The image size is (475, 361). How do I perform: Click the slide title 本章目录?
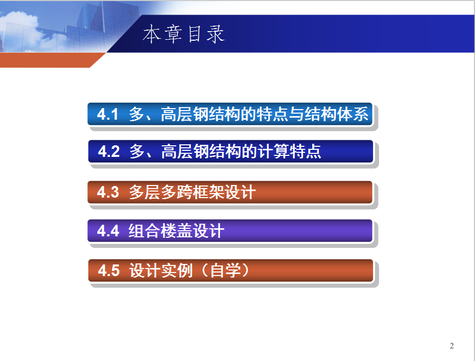click(184, 34)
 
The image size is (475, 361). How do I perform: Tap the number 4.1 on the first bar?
click(107, 114)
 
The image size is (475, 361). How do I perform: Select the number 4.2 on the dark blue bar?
click(109, 151)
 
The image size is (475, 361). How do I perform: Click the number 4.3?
click(108, 193)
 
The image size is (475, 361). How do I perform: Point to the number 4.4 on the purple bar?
click(108, 231)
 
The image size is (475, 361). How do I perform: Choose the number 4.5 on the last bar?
click(109, 270)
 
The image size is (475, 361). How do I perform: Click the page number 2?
click(452, 346)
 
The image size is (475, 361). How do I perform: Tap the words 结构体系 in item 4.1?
click(336, 114)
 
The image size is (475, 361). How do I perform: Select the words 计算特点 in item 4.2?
click(289, 151)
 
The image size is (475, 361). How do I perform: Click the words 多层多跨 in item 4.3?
click(161, 193)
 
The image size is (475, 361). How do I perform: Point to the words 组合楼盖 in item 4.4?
click(161, 231)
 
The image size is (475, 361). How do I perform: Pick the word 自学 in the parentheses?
click(225, 270)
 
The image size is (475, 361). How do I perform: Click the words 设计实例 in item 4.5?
click(161, 270)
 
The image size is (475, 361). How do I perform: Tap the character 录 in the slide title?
click(215, 34)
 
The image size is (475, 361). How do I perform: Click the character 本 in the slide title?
click(152, 34)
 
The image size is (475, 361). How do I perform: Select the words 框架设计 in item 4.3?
click(224, 193)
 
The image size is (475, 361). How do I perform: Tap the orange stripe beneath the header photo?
click(49, 60)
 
